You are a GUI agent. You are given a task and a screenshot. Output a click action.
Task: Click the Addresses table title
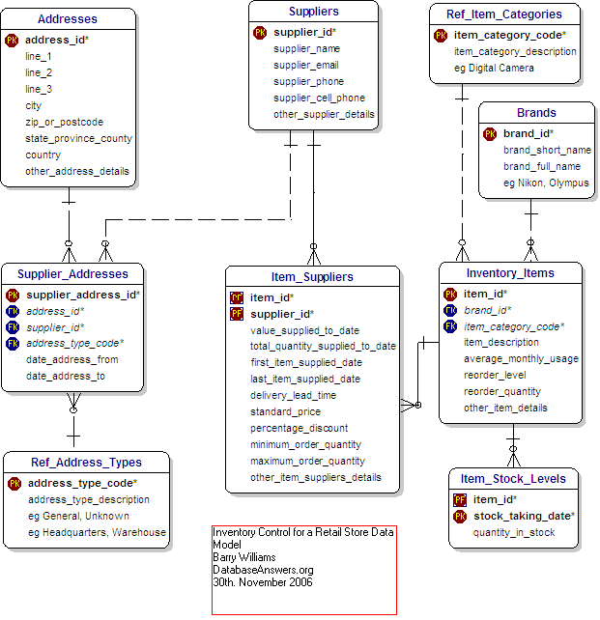(x=68, y=19)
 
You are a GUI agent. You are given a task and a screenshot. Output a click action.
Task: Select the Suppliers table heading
(x=314, y=12)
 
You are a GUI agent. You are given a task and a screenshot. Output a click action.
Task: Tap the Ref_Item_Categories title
(x=504, y=14)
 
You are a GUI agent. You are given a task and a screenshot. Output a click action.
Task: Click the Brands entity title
(x=536, y=113)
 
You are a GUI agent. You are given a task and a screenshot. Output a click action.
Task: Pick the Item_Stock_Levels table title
(x=513, y=479)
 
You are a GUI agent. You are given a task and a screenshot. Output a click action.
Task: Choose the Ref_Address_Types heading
(x=86, y=463)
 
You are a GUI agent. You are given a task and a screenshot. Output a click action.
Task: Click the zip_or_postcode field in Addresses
(x=64, y=122)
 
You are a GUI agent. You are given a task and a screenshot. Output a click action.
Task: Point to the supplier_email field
(x=306, y=65)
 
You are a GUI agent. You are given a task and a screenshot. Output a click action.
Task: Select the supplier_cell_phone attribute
(x=319, y=98)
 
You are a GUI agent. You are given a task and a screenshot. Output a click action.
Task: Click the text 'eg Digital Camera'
(x=494, y=68)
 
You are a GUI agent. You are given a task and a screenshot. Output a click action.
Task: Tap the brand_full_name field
(x=542, y=166)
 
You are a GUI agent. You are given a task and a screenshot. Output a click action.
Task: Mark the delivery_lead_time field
(x=293, y=395)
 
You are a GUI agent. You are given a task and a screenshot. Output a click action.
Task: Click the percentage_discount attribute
(x=299, y=428)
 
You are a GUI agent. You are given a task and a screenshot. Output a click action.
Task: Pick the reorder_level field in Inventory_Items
(x=495, y=375)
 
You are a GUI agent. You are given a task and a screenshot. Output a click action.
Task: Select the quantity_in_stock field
(x=514, y=532)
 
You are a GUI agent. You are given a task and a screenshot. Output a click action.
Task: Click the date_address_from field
(x=72, y=359)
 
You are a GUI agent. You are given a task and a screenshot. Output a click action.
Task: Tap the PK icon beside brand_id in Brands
(x=490, y=133)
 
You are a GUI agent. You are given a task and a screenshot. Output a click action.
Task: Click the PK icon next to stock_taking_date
(x=461, y=516)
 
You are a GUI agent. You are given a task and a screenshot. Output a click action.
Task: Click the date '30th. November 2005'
(x=263, y=582)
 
